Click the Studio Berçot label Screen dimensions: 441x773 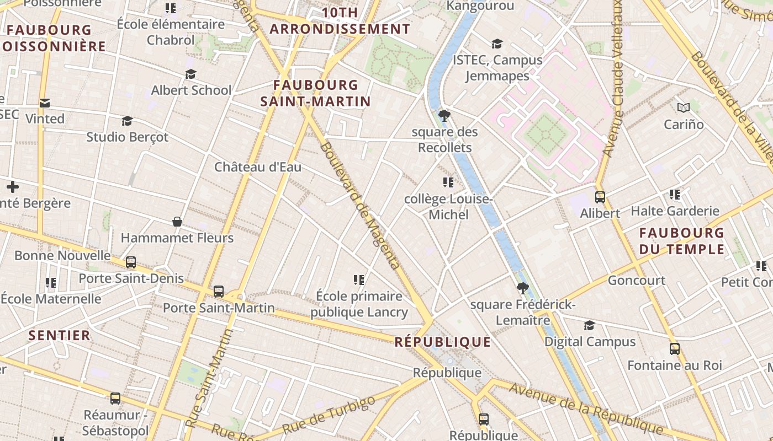127,137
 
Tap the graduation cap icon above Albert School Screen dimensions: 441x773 191,74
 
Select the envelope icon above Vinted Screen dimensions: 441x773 45,103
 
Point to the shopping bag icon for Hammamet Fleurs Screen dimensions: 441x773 177,222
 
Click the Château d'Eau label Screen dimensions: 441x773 258,167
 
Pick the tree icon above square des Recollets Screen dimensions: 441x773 444,116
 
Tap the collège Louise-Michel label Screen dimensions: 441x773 448,207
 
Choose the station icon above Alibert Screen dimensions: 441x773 600,197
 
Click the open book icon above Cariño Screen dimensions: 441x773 684,108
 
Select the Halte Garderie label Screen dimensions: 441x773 675,211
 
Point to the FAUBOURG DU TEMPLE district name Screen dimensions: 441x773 681,241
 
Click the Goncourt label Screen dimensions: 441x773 636,281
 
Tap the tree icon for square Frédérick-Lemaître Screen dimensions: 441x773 522,288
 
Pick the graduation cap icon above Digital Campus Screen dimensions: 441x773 590,326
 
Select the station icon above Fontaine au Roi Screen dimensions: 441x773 674,349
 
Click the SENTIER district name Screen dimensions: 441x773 59,335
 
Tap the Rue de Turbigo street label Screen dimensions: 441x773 329,414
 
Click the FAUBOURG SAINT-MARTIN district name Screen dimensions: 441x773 316,93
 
